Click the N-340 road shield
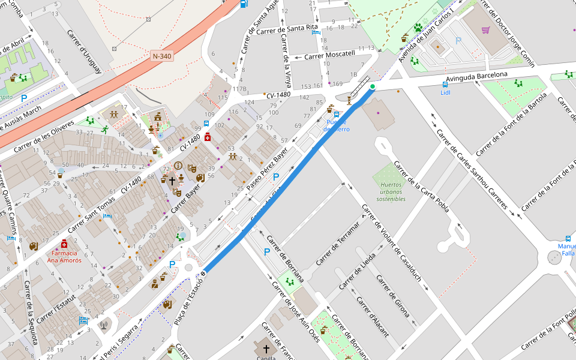(162, 56)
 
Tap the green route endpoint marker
(373, 87)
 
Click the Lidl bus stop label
(445, 92)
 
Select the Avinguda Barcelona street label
(481, 76)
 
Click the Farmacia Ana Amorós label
(64, 257)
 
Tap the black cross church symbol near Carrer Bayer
(172, 180)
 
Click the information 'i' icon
(178, 166)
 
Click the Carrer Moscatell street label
(330, 55)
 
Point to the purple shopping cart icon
(485, 29)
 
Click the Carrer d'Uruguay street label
(85, 52)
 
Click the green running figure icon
(105, 130)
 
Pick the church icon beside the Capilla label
(266, 347)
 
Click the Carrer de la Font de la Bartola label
(520, 124)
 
